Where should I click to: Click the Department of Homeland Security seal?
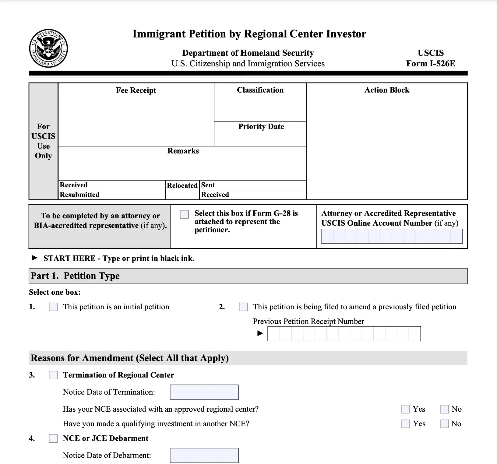48,48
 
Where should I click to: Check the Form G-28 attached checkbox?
184,214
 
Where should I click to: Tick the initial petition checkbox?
53,307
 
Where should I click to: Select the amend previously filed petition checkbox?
243,307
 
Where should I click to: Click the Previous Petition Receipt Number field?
344,334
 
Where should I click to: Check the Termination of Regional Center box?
53,375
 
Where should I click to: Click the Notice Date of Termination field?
204,392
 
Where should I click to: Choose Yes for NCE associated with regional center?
405,409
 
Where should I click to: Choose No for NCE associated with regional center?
444,409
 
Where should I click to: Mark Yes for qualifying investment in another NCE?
405,424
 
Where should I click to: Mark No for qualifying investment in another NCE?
444,424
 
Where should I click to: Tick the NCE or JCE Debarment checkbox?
53,438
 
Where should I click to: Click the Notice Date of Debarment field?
204,455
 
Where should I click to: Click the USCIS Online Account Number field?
392,236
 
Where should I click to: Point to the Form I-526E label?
431,63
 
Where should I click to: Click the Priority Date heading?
261,127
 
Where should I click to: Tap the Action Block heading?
387,90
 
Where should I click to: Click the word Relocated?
182,185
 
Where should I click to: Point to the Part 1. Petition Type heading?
75,276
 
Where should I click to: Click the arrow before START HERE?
34,258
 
